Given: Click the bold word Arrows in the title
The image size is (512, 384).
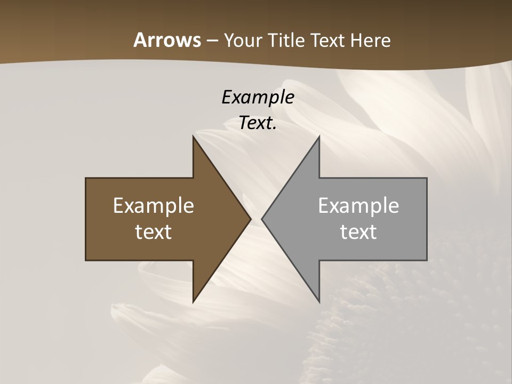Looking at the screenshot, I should point(167,40).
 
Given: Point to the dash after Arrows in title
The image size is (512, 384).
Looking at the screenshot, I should point(212,41).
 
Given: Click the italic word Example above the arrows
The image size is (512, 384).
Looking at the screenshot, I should point(258,97).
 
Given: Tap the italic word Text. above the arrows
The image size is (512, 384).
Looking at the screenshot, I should point(258,123).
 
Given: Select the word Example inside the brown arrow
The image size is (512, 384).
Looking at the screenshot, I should point(153,205).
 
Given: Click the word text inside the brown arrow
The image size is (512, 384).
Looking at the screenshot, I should point(153,231).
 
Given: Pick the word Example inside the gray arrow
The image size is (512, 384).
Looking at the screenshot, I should point(358,205).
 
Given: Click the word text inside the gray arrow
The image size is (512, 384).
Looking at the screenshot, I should point(358,231).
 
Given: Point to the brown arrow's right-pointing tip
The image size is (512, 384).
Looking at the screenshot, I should point(251,219).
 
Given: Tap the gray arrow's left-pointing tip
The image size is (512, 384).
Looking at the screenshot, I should point(262,219).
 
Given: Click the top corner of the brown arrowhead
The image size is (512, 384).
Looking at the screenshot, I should point(194,136).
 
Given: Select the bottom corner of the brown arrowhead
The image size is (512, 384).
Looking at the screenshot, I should point(194,302).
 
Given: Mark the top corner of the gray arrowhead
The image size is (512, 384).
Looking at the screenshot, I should point(319,136).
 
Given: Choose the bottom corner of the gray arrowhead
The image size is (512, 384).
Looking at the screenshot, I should point(319,302).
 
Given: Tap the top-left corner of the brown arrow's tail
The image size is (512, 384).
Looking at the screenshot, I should point(86,178).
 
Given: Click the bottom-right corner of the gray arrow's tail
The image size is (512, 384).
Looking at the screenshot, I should point(427,260).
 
